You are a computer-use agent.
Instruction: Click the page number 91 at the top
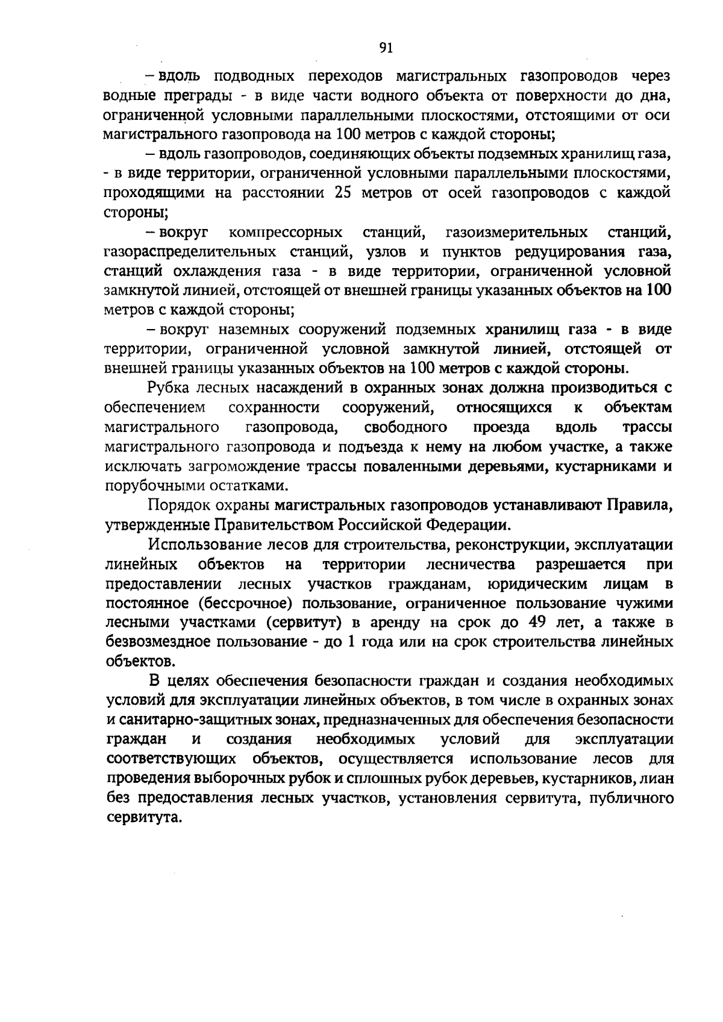386,49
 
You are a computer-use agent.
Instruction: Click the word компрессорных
286,232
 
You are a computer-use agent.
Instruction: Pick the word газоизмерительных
516,232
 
